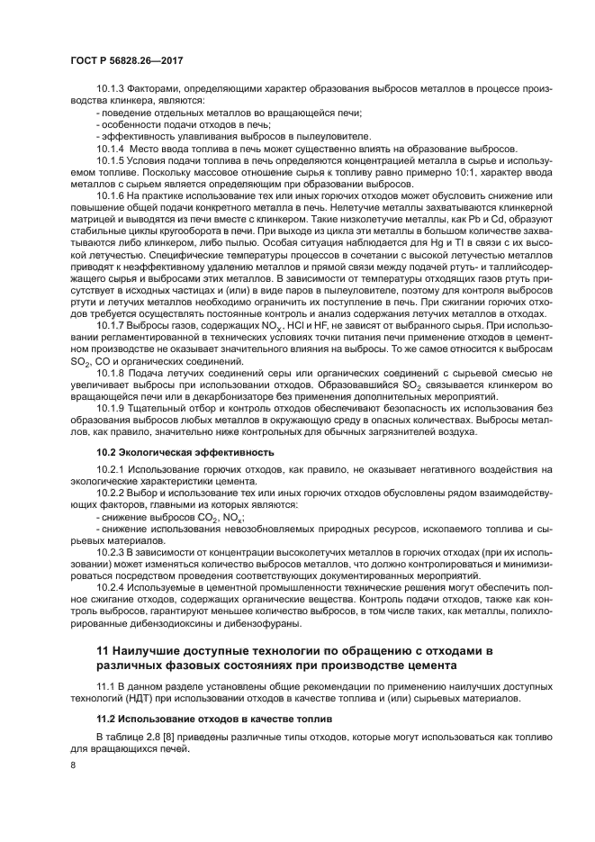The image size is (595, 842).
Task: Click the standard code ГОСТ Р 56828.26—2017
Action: point(133,60)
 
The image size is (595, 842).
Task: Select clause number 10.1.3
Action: point(113,88)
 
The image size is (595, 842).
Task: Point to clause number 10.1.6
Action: point(113,195)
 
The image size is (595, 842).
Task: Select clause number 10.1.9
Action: point(113,407)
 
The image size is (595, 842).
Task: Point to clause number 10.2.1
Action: point(113,469)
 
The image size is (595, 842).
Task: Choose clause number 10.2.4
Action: point(113,590)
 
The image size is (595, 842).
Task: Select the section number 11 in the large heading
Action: point(103,649)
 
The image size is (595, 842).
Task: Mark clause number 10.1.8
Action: point(113,371)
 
